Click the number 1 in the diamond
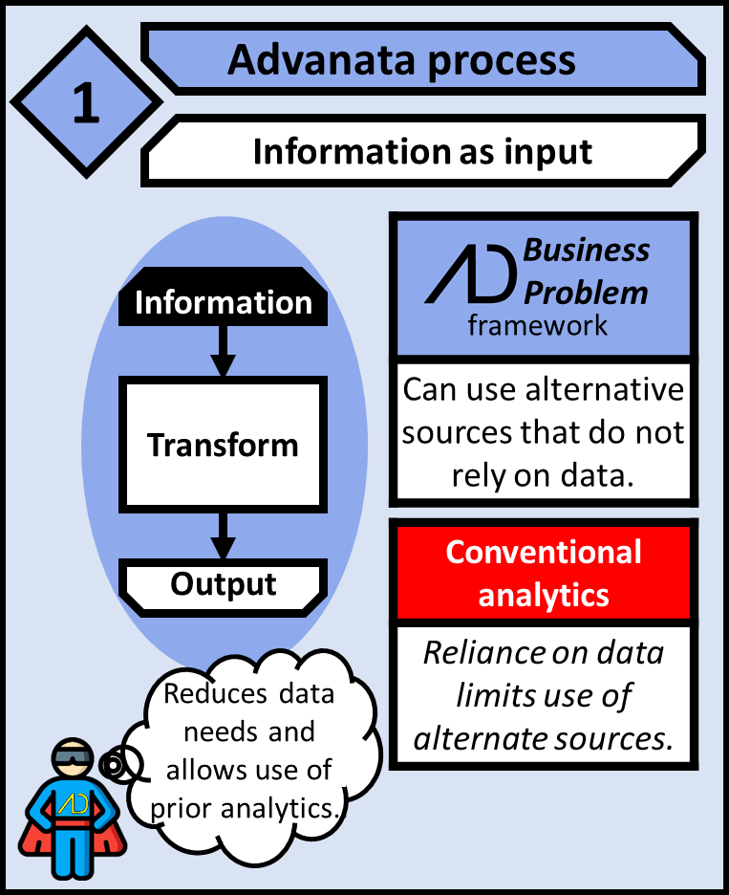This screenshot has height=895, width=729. (86, 104)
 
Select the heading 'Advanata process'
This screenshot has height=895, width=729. (401, 60)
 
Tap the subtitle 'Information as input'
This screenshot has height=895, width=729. (422, 151)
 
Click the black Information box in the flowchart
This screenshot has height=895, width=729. (223, 303)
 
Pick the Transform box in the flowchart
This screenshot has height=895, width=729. (223, 445)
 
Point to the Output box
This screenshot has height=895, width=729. (223, 584)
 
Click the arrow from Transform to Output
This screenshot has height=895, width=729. (223, 535)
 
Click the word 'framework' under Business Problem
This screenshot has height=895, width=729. (537, 325)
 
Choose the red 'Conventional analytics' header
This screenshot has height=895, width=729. (543, 573)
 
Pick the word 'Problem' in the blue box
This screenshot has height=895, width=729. (587, 291)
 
